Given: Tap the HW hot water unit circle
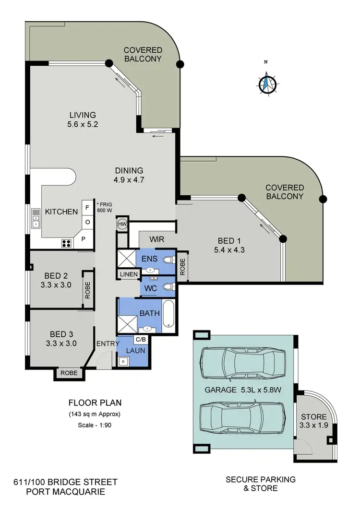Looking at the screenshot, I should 122,224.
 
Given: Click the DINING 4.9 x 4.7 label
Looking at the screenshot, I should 129,175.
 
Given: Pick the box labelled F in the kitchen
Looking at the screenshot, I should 87,208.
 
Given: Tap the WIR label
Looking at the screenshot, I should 157,239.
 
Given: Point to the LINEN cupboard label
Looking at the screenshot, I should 129,274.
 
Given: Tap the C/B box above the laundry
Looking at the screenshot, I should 141,340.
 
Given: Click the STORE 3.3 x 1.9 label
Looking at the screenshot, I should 314,421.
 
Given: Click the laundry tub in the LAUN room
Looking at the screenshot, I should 123,361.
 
